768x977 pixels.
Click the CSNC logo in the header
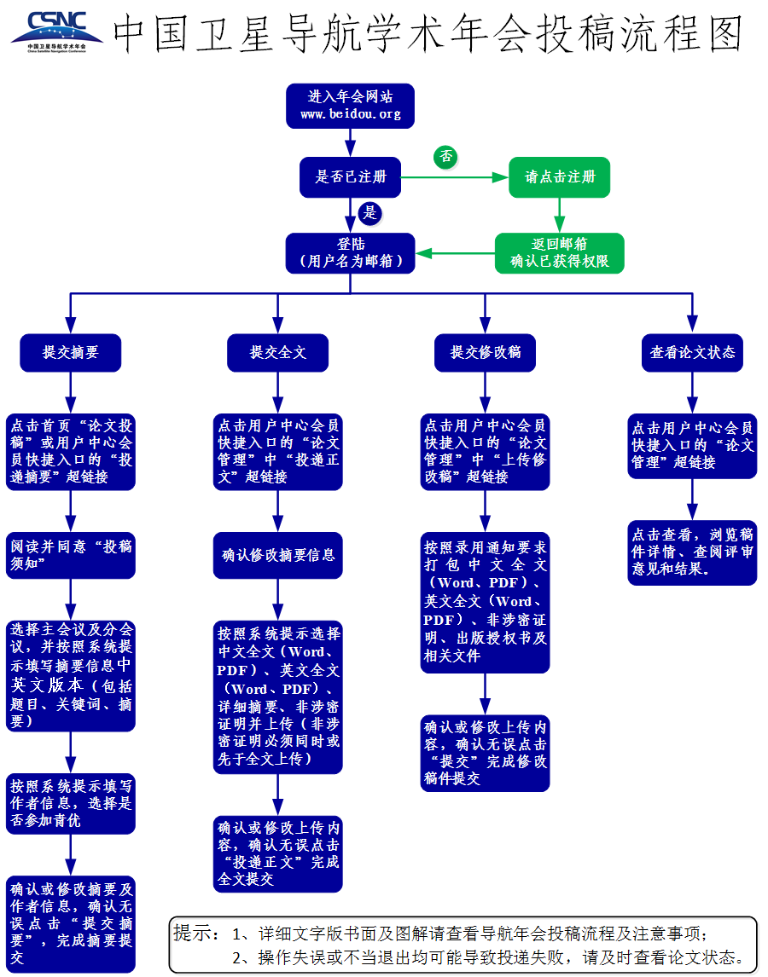pos(56,30)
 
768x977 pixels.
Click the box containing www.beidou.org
pos(350,106)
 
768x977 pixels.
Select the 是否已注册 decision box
pos(350,177)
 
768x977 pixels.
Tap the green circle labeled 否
pos(445,157)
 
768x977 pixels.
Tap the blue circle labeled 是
pos(369,212)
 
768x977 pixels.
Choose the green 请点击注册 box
pos(559,177)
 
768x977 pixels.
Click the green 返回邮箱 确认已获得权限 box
pos(559,253)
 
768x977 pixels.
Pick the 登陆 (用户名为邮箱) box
pos(350,253)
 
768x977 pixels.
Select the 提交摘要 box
pos(71,352)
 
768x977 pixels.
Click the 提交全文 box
pos(277,352)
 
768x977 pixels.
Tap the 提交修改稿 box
pos(485,352)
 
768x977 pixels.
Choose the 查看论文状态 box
pos(692,352)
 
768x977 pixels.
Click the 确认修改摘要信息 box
pos(277,556)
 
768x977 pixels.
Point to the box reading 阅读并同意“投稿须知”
pos(71,556)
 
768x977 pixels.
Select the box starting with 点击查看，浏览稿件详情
pos(692,552)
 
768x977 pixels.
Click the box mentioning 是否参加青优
pos(71,803)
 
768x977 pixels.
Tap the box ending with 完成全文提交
pos(277,854)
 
